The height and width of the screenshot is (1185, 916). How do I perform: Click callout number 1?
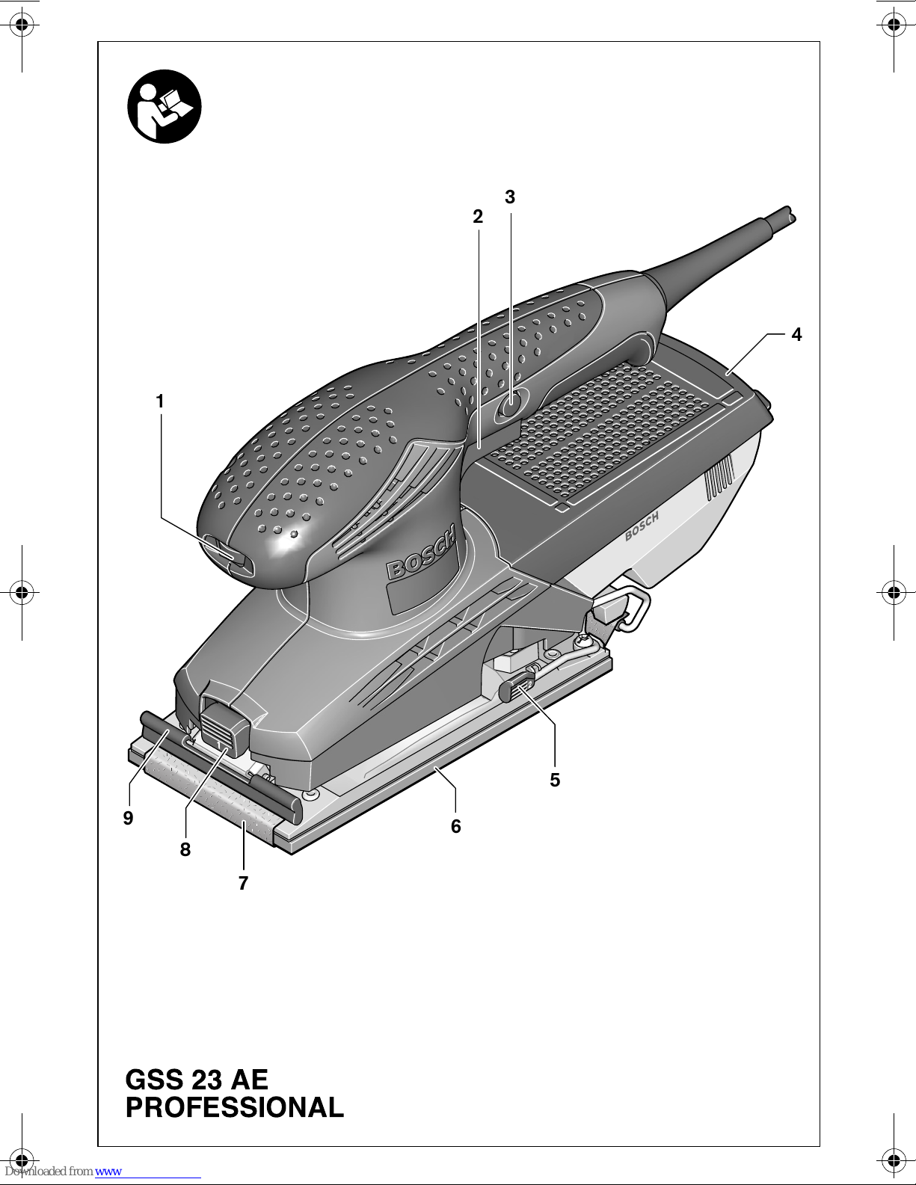tap(159, 402)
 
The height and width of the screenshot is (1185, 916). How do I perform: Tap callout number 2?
tap(478, 217)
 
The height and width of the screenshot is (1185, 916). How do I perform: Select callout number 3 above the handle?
tap(510, 197)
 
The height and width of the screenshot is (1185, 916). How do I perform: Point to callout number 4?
tap(796, 335)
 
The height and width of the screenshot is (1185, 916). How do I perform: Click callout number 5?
tap(555, 781)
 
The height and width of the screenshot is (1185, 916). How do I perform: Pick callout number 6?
tap(456, 826)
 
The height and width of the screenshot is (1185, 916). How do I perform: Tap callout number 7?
tap(243, 884)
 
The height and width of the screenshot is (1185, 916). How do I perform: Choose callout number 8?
tap(185, 850)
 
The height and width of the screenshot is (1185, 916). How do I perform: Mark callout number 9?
tap(129, 818)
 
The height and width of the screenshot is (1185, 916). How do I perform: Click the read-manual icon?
tap(165, 106)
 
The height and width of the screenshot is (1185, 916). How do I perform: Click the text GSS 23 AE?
tap(197, 1080)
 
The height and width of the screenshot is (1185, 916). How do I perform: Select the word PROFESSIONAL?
tap(235, 1108)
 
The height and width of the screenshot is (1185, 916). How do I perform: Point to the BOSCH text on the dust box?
tap(642, 526)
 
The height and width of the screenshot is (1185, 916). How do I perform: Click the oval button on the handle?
tap(511, 405)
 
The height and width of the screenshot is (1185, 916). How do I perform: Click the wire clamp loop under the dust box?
tap(634, 609)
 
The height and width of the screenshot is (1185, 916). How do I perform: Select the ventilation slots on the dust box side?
tap(719, 478)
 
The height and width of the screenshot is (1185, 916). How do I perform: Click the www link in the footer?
tap(108, 1172)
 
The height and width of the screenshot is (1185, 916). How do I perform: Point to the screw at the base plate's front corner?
tap(310, 795)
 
